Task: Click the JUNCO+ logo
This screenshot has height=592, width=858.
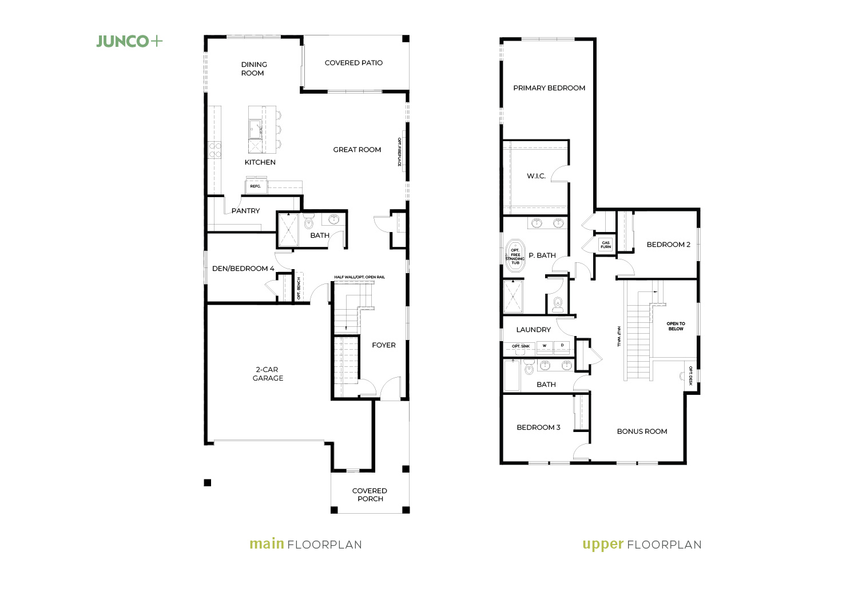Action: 129,41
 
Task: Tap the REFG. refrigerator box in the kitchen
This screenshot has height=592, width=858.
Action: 256,186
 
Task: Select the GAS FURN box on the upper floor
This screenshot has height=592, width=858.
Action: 606,245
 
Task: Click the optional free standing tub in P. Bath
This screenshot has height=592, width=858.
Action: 515,256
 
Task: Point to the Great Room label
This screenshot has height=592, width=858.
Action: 357,150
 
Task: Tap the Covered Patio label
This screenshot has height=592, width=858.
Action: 353,63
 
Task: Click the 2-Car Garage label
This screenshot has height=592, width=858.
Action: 268,374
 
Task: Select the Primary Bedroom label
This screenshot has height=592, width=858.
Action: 549,88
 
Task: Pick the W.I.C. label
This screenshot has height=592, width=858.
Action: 537,176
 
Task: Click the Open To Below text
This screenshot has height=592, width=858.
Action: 676,326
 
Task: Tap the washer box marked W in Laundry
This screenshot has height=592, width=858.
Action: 545,346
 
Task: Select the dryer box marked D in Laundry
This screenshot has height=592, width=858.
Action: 562,346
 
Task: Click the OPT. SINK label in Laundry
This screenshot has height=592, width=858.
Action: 521,346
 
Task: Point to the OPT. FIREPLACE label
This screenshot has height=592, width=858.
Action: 399,152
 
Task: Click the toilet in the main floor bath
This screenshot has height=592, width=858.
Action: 309,222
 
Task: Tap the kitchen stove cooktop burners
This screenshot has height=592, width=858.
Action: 214,150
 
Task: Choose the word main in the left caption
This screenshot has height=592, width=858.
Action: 267,543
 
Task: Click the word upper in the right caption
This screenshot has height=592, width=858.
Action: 603,545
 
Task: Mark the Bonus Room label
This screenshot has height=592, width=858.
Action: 642,431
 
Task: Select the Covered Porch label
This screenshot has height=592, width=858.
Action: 370,495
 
